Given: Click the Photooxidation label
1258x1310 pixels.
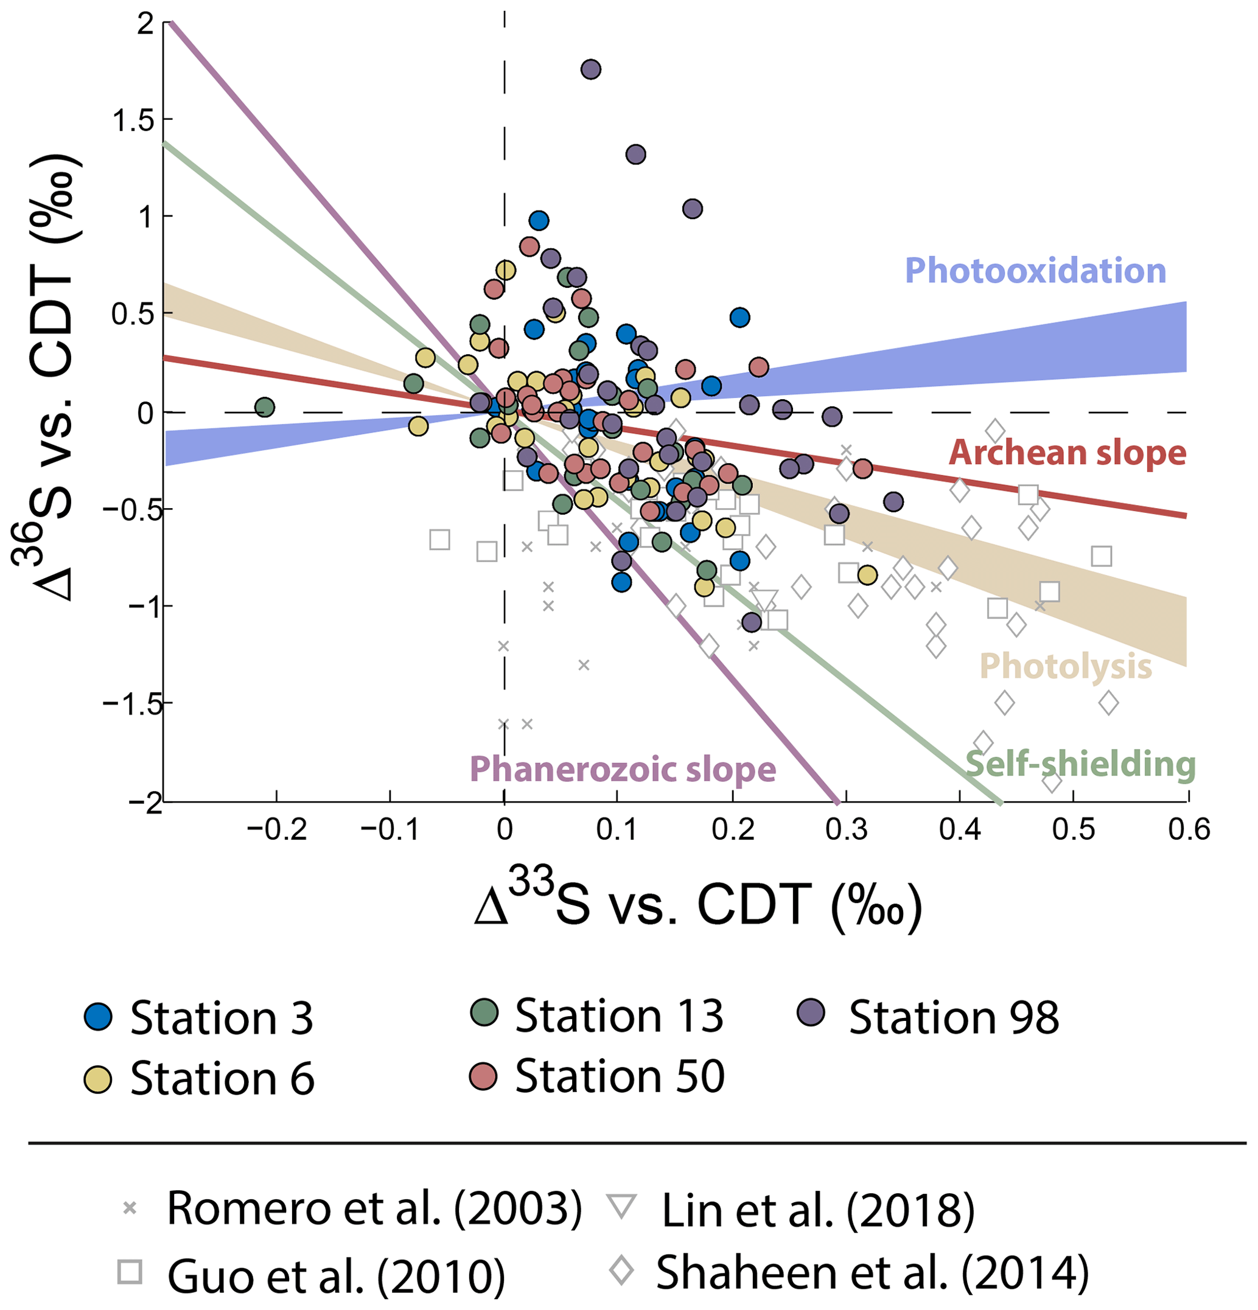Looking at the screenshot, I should click(x=1035, y=271).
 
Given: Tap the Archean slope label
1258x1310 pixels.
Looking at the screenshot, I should click(x=1068, y=453).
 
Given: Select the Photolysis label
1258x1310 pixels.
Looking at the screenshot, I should click(x=1066, y=666).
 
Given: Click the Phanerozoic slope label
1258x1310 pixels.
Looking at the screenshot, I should click(x=623, y=768).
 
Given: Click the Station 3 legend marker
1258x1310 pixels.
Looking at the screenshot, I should click(x=98, y=1017).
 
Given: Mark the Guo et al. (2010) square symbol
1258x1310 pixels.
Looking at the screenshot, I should click(x=130, y=1272).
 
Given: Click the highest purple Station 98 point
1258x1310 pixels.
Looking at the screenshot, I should click(x=591, y=69).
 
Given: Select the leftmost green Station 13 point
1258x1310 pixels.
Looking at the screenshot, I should click(x=265, y=407).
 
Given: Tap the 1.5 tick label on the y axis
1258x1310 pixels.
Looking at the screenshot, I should click(x=134, y=121).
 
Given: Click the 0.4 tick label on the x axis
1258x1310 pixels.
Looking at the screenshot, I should click(x=960, y=830).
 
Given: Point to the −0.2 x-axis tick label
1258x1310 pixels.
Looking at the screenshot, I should click(x=276, y=830).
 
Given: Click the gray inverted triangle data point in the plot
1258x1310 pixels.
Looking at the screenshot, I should click(x=766, y=599).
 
